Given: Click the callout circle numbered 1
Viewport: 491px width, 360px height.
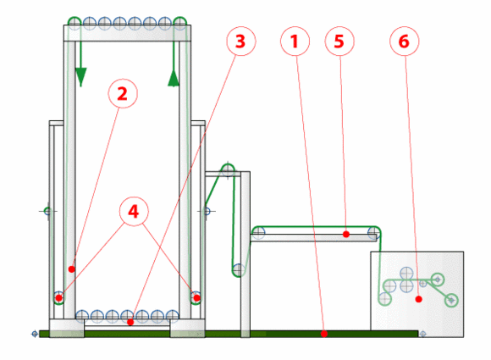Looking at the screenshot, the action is [295, 41].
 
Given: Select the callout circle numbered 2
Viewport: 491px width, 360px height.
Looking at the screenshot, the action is [123, 93].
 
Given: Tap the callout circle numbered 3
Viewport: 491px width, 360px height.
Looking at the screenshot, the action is [241, 41].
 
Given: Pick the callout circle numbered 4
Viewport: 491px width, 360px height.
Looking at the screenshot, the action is [134, 212].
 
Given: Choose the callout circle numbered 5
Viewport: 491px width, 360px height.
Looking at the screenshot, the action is [339, 41].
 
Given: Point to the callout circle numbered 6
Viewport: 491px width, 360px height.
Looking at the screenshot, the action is [405, 41].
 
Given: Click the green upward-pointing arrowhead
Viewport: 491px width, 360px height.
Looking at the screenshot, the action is [174, 78].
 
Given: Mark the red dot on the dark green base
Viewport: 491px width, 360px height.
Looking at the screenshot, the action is [324, 334].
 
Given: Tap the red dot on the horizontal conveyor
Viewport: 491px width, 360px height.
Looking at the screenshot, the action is [346, 234].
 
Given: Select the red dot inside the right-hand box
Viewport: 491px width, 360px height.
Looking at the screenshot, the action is [419, 300].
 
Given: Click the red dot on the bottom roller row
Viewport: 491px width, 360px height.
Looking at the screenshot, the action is [130, 322].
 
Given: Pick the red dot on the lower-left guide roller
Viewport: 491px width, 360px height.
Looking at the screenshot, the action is [59, 298].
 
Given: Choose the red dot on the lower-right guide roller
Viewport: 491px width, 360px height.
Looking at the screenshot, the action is [196, 297].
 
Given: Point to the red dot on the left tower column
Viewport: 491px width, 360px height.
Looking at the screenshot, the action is [72, 269].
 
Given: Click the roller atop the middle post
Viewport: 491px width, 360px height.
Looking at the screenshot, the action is [228, 170].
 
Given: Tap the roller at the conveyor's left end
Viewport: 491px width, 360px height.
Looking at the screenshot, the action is [258, 232].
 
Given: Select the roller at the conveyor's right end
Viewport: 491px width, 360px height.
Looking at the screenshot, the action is [374, 232].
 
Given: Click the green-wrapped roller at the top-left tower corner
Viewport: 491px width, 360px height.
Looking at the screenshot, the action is [74, 23].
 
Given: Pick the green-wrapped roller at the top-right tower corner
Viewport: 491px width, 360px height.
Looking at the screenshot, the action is [179, 23].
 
